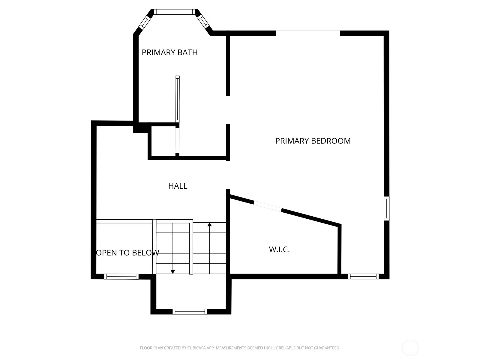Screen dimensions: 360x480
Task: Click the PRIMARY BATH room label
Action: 169,52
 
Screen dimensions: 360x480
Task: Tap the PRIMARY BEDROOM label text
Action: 313,141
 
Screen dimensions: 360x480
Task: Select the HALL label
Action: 178,186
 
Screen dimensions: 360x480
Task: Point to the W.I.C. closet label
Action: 279,250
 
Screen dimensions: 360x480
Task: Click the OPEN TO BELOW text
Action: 127,253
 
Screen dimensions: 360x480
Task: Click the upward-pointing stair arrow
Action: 209,224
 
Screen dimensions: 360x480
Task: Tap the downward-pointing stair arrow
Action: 173,271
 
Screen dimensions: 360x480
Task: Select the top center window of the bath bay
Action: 174,12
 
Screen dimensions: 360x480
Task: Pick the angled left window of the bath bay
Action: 145,22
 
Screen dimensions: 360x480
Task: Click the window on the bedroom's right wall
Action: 387,208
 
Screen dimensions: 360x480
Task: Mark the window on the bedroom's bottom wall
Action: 363,276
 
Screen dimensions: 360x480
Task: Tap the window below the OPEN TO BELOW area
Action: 121,276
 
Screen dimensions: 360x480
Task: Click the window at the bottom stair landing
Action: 190,312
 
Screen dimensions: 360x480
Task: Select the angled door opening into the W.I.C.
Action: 267,206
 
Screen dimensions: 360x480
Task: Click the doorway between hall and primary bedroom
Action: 228,175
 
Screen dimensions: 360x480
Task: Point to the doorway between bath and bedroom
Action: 228,110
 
